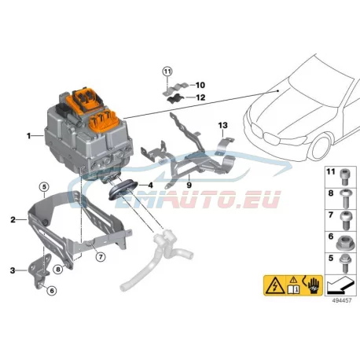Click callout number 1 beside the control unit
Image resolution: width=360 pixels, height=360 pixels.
tap(29, 136)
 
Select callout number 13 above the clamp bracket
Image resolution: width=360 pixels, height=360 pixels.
tap(223, 126)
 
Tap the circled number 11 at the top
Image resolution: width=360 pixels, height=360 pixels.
tap(167, 72)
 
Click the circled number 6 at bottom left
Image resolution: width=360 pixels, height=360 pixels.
tap(52, 291)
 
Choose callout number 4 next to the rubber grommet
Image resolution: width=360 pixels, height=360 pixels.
tap(150, 186)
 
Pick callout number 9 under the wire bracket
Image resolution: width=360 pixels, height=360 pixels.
tap(189, 186)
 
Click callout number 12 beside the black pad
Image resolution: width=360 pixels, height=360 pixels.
tap(200, 97)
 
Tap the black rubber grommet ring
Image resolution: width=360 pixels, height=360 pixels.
tap(123, 189)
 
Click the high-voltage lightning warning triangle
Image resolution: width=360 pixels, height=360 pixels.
tap(275, 285)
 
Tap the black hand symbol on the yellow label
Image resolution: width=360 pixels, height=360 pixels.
tap(314, 286)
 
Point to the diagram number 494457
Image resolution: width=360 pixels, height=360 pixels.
tap(342, 301)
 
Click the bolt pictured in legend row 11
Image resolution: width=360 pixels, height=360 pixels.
tap(344, 177)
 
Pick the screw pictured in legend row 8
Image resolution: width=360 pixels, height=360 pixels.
tap(344, 199)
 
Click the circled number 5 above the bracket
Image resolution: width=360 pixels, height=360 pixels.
tap(44, 187)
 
